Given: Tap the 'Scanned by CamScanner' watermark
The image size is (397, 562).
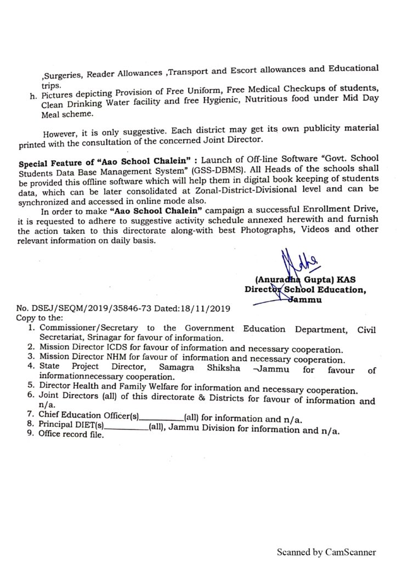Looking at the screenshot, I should pos(326,551).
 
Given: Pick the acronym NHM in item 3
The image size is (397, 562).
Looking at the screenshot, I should pos(109,359).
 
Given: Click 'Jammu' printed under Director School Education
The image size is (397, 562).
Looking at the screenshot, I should pos(308,300).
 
